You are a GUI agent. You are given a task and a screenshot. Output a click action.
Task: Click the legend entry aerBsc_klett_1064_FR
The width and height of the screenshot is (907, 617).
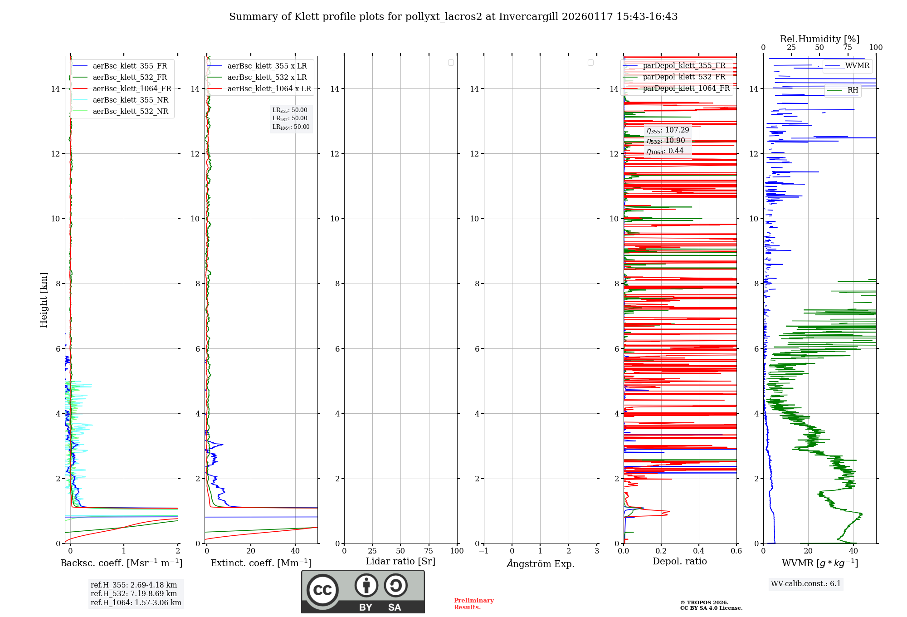tap(132, 89)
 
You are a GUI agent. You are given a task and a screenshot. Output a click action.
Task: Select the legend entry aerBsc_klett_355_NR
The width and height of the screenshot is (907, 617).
tap(130, 100)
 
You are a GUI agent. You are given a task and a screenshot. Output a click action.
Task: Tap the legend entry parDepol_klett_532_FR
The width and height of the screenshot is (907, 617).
tap(684, 77)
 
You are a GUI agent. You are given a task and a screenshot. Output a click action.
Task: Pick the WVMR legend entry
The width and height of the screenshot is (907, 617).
tap(857, 66)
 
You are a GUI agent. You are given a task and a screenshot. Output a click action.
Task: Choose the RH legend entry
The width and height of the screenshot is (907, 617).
tap(853, 90)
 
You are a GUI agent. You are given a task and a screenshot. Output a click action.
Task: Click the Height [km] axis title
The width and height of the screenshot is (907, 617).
tap(44, 300)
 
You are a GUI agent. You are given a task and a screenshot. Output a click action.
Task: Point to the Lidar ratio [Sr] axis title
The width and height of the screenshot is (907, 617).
tap(400, 562)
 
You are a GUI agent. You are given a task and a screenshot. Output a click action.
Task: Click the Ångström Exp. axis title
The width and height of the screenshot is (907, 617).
tap(540, 564)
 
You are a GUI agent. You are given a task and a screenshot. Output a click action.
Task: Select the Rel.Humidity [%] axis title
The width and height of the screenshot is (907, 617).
tap(819, 39)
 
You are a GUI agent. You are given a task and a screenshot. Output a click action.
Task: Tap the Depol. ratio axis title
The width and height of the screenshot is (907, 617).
tap(679, 562)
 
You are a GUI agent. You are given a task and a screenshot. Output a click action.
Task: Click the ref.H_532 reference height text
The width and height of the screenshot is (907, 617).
tap(133, 594)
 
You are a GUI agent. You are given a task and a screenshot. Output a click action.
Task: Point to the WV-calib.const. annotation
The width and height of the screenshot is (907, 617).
tap(805, 584)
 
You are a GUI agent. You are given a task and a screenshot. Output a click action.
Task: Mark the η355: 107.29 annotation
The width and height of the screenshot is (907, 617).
tap(668, 130)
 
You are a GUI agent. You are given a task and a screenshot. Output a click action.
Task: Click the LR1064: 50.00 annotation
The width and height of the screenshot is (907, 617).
tap(291, 127)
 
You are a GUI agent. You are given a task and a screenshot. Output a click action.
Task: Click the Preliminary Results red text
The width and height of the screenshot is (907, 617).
tap(473, 604)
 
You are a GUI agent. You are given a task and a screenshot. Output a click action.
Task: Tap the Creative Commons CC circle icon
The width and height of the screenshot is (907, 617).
tap(322, 590)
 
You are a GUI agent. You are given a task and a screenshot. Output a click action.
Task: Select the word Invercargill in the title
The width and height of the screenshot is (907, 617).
tap(528, 17)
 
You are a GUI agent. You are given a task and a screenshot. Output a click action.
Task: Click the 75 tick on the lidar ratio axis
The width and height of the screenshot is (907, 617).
tap(429, 551)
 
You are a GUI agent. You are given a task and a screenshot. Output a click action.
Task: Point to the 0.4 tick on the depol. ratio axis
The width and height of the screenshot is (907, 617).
tap(699, 551)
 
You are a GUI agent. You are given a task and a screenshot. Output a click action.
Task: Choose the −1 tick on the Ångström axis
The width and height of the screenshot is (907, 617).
tap(484, 551)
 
